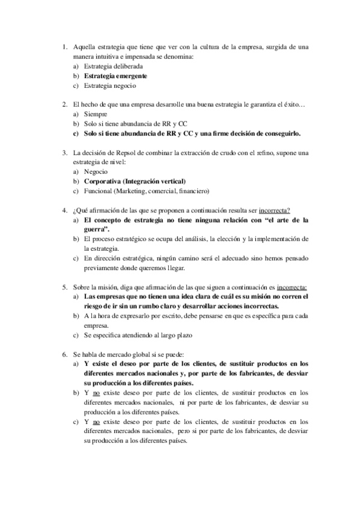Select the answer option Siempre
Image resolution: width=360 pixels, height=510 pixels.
[96, 114]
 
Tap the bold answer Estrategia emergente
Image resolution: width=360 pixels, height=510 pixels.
[115, 76]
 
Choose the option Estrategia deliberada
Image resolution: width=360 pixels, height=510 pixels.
[109, 67]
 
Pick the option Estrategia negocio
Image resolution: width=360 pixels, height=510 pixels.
[106, 86]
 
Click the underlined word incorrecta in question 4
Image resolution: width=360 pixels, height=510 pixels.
[274, 210]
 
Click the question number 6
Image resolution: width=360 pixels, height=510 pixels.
[65, 353]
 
